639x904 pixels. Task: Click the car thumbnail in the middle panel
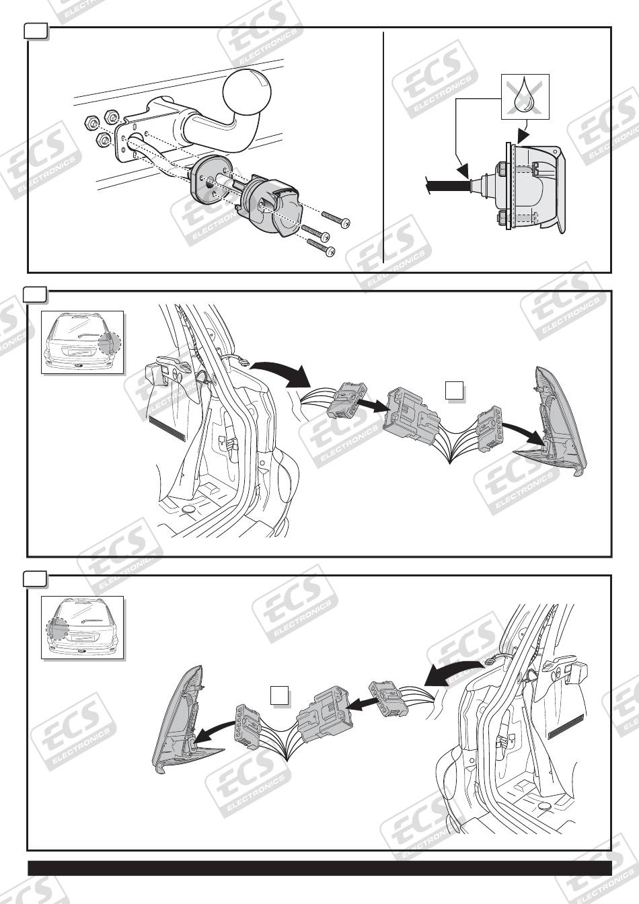83,342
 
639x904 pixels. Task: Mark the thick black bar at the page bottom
319,867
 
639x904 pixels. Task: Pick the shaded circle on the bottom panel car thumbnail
57,630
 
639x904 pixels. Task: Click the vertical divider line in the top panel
383,148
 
